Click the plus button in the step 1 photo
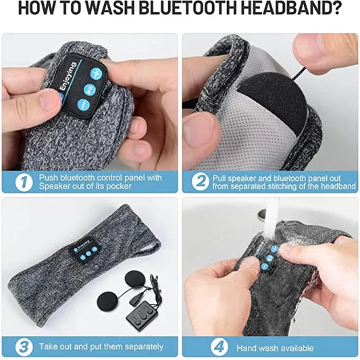coord(98,71)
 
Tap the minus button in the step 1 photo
coord(84,105)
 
